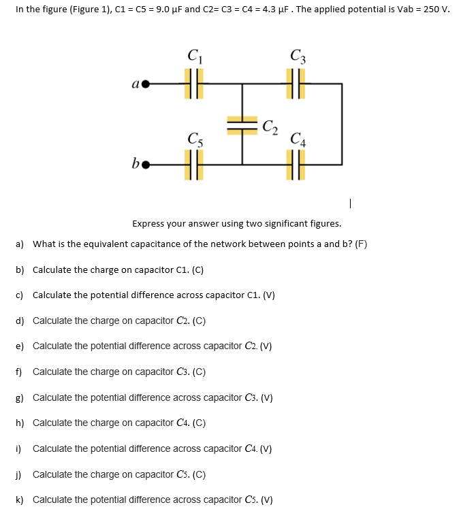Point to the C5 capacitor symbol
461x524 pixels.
[193, 165]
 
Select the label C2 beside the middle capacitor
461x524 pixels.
[270, 126]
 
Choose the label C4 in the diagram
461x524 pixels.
[297, 141]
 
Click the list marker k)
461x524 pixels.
[20, 500]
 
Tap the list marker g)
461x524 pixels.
[20, 397]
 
